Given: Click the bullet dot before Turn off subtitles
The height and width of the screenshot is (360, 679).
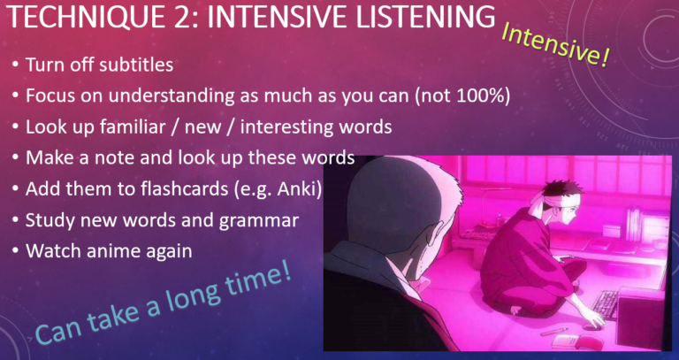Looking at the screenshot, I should (16, 66).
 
